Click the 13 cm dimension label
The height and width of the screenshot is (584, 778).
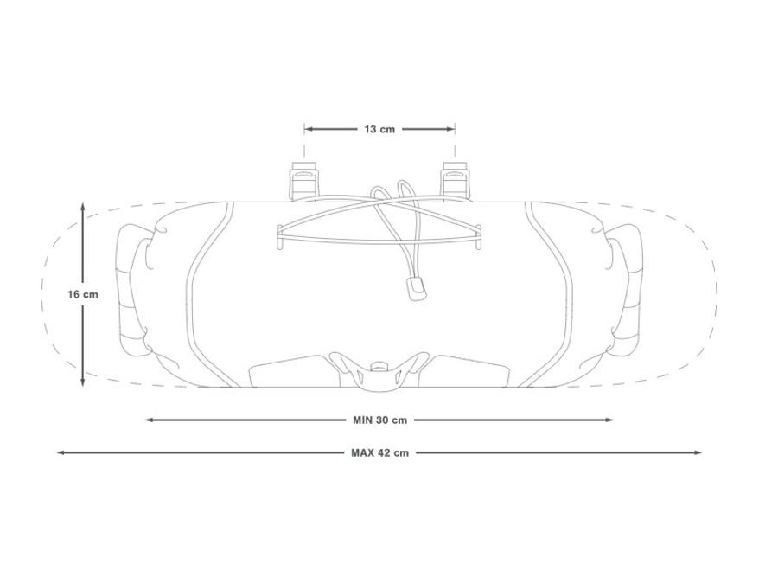point(379,129)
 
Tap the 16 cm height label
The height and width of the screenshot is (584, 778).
point(83,294)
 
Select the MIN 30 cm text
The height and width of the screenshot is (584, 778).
point(379,420)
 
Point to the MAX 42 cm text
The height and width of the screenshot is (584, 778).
point(379,452)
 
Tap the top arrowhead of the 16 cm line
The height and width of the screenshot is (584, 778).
point(83,208)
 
